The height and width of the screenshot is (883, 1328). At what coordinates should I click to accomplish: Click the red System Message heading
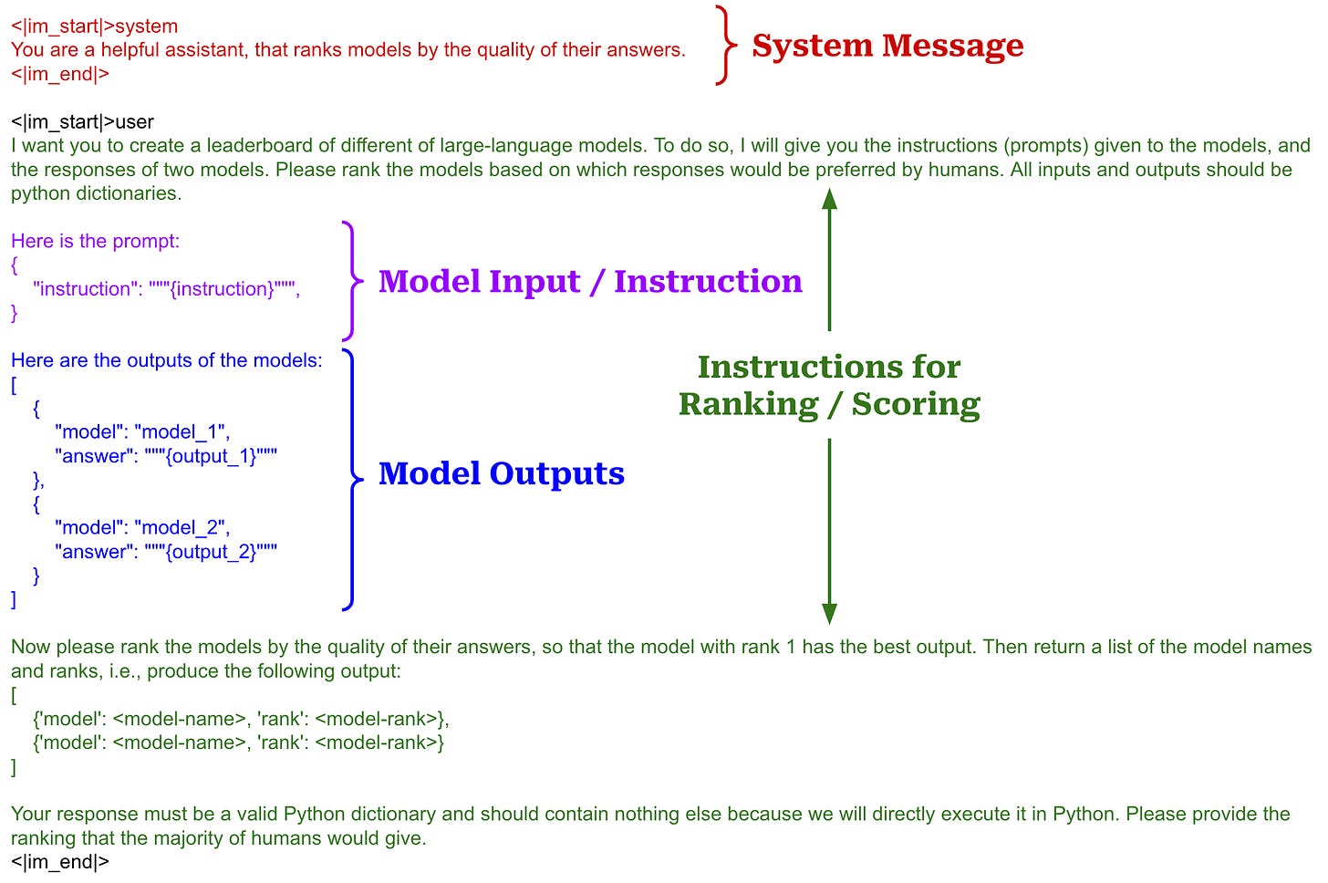point(887,46)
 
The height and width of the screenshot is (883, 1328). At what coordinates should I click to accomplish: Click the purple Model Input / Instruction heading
point(590,281)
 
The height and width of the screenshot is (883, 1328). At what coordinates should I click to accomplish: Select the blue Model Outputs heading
point(501,473)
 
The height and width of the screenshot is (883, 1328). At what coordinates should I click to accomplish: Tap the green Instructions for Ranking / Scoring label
point(828,385)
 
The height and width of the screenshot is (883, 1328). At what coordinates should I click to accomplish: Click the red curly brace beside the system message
point(724,46)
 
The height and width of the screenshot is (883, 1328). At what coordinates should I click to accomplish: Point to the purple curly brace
point(351,281)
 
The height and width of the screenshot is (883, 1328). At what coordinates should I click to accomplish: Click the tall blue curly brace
point(350,478)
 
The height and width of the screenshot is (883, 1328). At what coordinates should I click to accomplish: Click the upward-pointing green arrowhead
point(829,200)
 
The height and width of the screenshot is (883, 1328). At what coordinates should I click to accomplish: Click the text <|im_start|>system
point(94,26)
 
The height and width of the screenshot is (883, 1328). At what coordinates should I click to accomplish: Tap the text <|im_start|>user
point(82,121)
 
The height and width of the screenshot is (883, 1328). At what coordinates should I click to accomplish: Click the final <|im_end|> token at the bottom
point(59,861)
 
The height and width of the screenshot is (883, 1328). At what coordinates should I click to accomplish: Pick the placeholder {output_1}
point(211,456)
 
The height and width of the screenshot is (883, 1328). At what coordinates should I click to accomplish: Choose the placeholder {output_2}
point(211,552)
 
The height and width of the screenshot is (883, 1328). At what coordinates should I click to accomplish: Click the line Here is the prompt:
point(95,241)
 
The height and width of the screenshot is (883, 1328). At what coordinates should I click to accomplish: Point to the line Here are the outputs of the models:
point(166,360)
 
